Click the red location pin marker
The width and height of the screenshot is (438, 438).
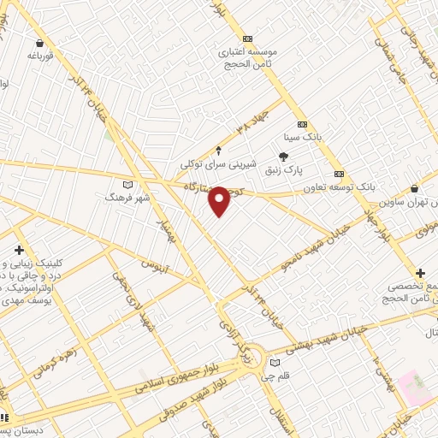[x=220, y=200]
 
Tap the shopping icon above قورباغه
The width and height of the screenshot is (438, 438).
[x=40, y=43]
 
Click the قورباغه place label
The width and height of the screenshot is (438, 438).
[x=40, y=56]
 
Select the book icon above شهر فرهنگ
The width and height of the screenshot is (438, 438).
[x=127, y=184]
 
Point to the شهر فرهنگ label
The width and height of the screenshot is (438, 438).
[x=127, y=197]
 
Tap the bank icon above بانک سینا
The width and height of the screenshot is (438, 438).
[x=302, y=124]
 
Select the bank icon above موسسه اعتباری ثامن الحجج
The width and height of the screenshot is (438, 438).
[x=247, y=38]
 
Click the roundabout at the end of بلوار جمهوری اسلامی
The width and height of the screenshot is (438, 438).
[x=252, y=351]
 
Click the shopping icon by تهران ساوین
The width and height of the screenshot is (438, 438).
[x=415, y=189]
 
